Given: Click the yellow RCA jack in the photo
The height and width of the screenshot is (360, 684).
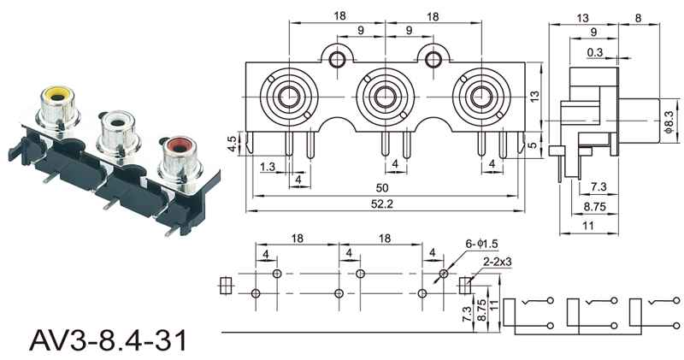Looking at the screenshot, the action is click(x=57, y=107).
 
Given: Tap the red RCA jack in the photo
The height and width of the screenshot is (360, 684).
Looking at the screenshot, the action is click(x=180, y=159).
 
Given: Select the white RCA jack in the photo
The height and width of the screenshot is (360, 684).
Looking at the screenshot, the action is click(x=119, y=132).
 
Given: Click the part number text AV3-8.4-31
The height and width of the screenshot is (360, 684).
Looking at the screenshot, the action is click(x=108, y=340).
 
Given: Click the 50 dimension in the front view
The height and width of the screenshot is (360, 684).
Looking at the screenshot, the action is click(x=382, y=188).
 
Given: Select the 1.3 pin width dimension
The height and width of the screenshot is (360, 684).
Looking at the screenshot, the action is click(x=268, y=166).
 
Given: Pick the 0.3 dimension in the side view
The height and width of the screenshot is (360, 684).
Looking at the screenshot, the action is click(x=594, y=52).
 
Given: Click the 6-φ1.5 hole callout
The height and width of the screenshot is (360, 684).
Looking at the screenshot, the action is click(x=481, y=245).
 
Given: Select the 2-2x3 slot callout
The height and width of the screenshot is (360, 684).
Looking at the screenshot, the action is click(x=498, y=262).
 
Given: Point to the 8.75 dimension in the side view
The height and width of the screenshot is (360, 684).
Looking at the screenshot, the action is click(x=595, y=206).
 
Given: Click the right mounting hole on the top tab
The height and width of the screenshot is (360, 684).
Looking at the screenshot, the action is click(x=433, y=59).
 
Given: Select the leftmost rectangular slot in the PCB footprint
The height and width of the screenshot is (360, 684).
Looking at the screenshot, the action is click(x=226, y=286).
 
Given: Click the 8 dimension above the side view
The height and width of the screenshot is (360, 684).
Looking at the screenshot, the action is click(x=638, y=18).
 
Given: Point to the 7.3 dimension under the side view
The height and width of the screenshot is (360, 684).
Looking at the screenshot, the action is click(x=598, y=186).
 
